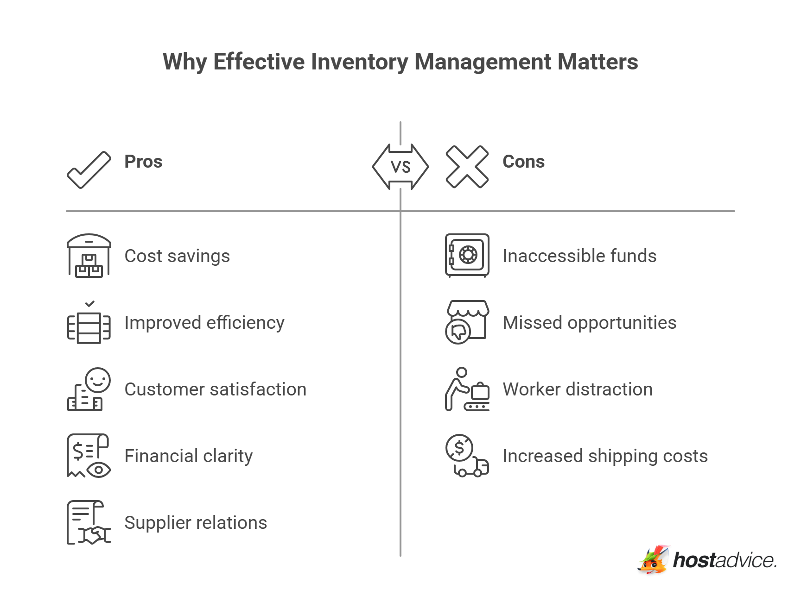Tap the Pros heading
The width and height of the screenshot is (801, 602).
tap(143, 162)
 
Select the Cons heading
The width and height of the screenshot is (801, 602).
tap(523, 162)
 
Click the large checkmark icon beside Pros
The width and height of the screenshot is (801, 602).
tap(89, 170)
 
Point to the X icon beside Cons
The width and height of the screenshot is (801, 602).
tap(467, 167)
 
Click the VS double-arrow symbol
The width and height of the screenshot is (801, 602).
tap(400, 167)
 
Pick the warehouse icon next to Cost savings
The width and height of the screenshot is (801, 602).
tap(89, 256)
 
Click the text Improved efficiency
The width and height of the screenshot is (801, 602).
tap(204, 323)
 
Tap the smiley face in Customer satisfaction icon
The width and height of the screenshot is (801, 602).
tap(98, 380)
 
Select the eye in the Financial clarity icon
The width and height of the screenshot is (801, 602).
tap(98, 470)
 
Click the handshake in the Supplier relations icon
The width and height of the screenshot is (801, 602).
tap(95, 535)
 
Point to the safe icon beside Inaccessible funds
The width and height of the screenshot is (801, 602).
tap(467, 255)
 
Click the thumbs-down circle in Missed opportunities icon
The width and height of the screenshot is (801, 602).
tap(458, 332)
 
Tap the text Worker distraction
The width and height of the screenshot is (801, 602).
tap(578, 389)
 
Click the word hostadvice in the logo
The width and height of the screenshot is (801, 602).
tap(724, 560)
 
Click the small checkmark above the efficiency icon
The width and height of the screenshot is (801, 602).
tap(90, 304)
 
